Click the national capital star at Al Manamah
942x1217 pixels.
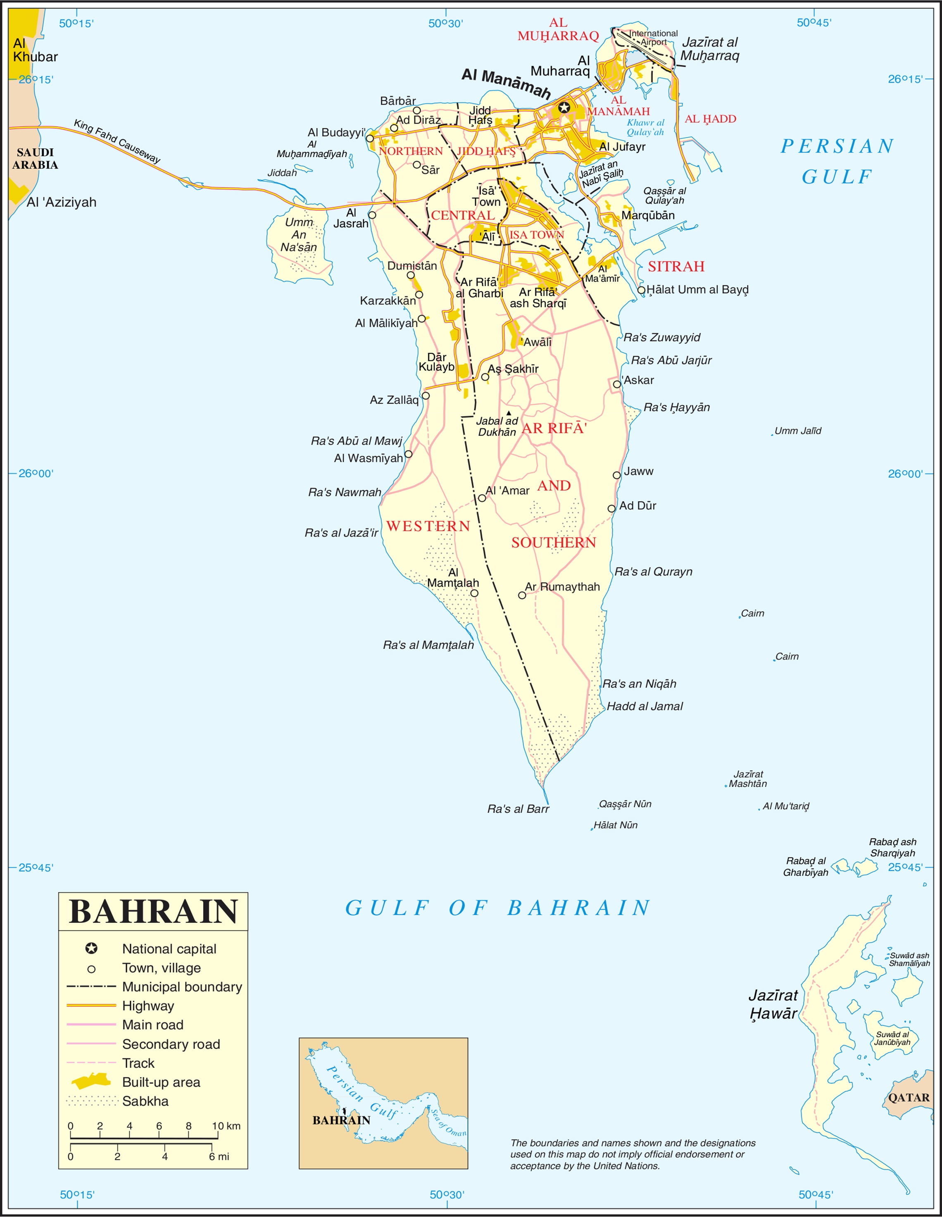(564, 107)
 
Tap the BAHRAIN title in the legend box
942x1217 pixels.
(153, 912)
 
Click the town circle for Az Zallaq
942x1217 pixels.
(426, 395)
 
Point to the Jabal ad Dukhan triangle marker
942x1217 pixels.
(508, 413)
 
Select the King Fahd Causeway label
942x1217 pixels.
(117, 142)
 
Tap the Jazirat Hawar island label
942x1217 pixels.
(773, 1004)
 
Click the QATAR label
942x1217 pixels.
(909, 1098)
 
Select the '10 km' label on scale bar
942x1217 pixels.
(226, 1126)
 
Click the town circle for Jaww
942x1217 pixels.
(617, 475)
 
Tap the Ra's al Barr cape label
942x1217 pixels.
(518, 809)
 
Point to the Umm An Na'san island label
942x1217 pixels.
(299, 235)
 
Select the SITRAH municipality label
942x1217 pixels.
(676, 267)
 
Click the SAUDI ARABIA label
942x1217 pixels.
(35, 159)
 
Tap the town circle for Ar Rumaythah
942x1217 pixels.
(522, 595)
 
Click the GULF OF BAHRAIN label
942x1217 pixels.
(497, 908)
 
